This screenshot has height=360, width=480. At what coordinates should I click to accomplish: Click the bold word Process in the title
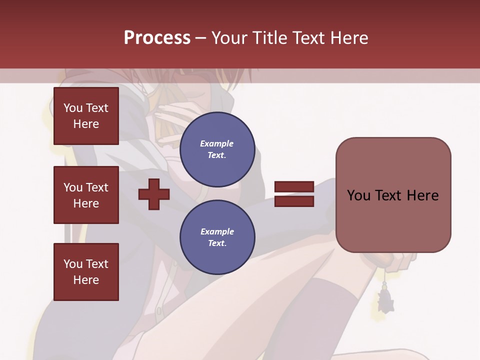(157, 37)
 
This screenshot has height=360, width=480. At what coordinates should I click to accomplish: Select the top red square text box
(86, 116)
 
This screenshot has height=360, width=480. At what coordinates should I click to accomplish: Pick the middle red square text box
(86, 195)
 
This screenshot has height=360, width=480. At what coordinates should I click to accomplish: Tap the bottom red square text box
(86, 272)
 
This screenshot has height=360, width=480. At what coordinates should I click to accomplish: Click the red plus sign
(154, 194)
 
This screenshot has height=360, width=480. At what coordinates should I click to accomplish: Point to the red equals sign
(294, 194)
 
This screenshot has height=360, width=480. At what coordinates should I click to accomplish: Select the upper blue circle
(217, 149)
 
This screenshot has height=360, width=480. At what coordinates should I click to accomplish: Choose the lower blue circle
(217, 237)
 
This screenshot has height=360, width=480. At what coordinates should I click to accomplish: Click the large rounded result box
(393, 195)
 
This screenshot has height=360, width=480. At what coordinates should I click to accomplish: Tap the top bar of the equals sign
(294, 187)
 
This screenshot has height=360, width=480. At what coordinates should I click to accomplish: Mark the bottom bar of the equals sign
(294, 201)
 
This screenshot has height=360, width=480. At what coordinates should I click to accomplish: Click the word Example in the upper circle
(217, 143)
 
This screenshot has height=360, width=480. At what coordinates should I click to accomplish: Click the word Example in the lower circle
(217, 231)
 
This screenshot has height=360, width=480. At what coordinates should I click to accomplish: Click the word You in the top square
(72, 108)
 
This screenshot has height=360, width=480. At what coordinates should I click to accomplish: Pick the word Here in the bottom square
(86, 280)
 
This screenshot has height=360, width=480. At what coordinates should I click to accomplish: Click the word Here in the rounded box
(422, 195)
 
